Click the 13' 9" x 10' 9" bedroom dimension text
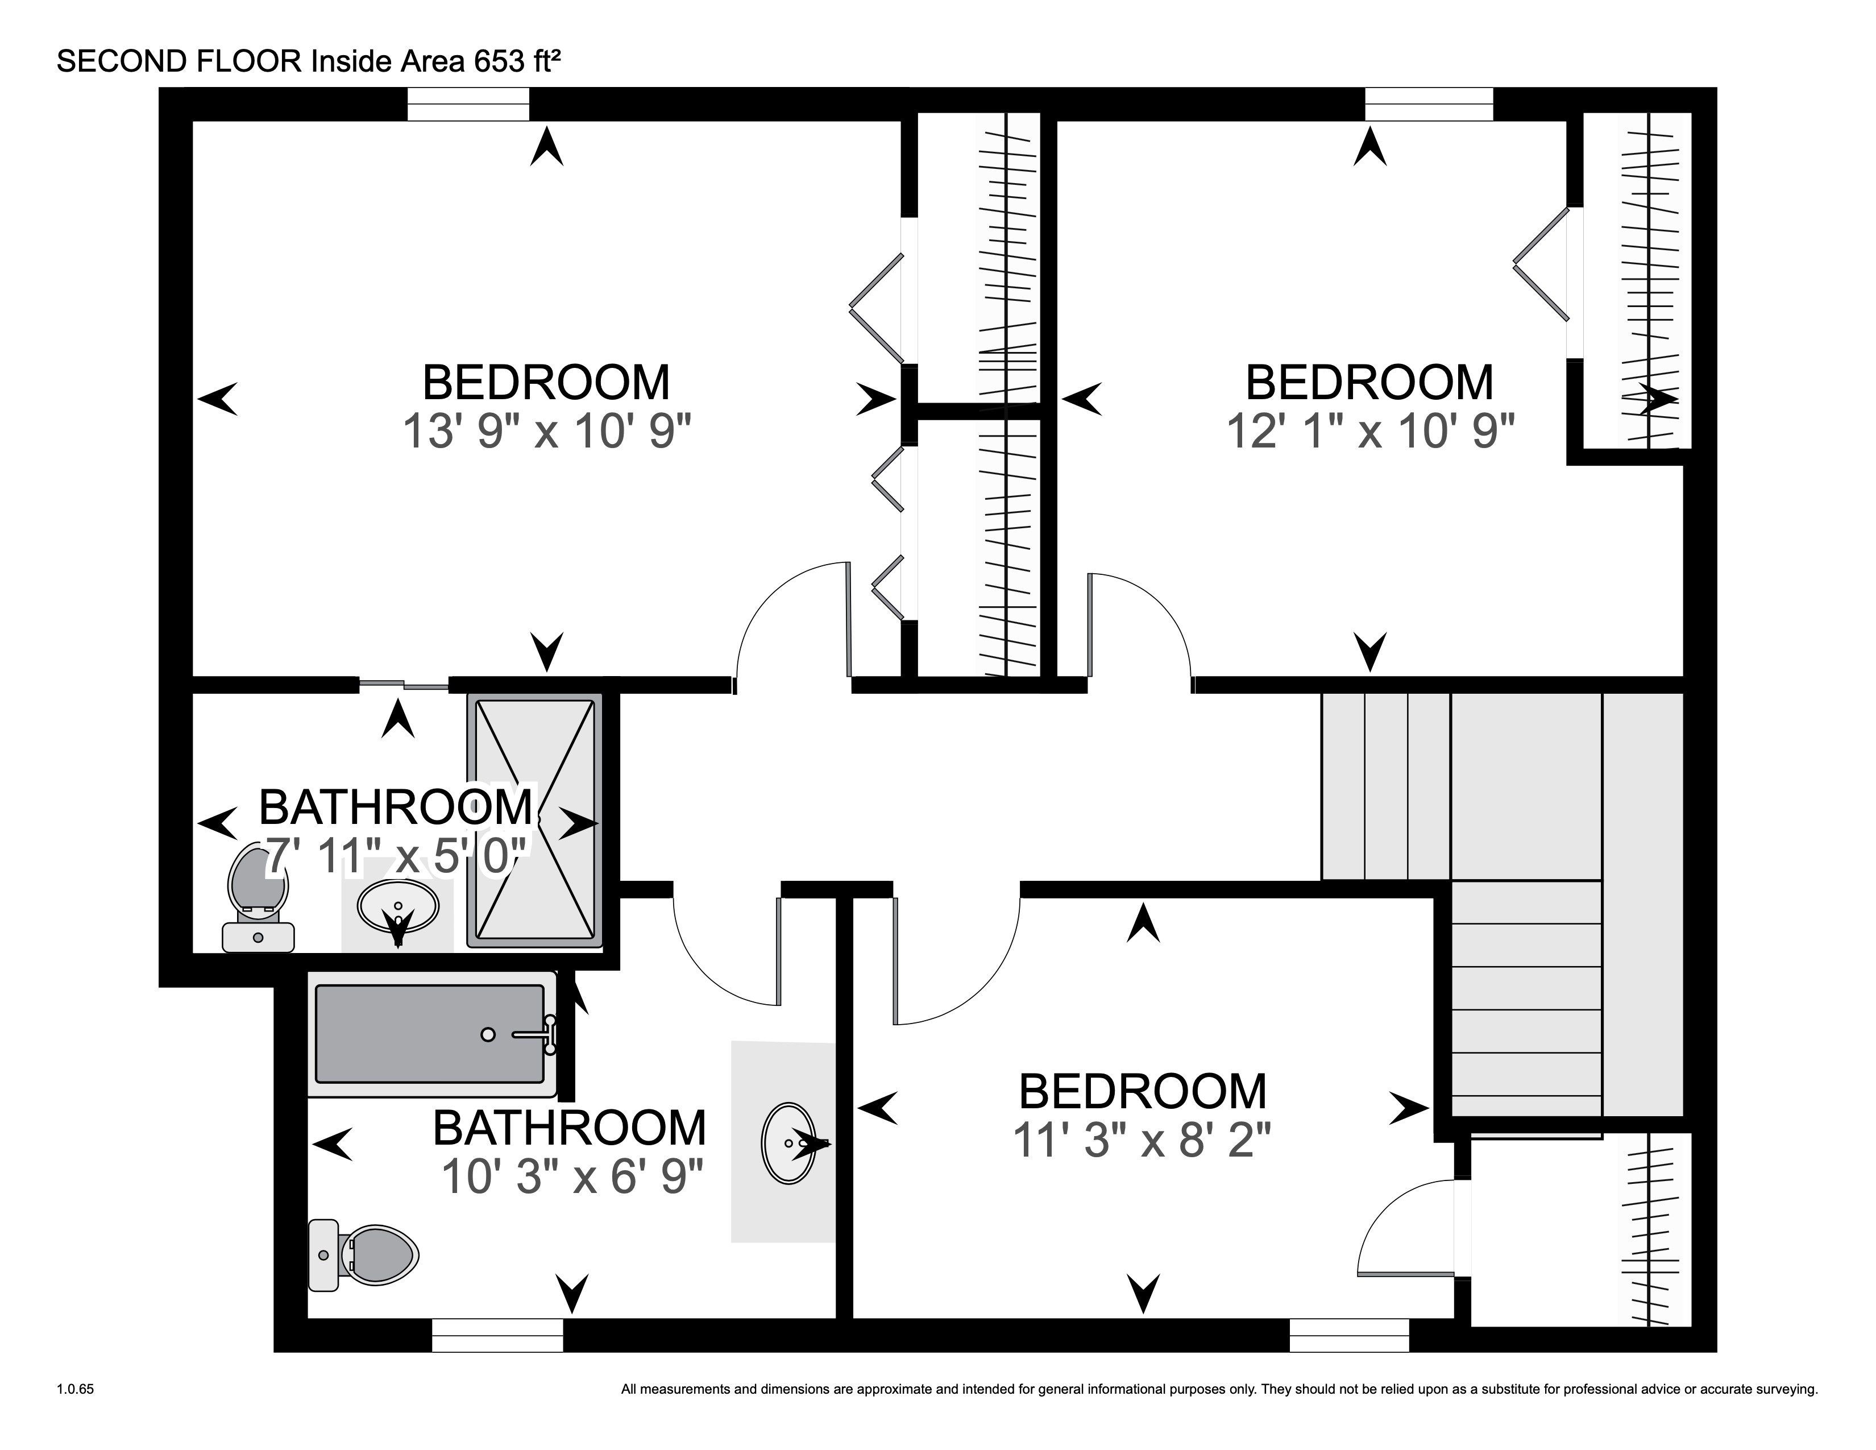coord(547,430)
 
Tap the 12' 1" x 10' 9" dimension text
coord(1370,430)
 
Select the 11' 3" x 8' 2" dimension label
coord(1143,1141)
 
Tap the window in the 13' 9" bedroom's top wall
coord(468,105)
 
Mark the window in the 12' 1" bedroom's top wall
coord(1429,105)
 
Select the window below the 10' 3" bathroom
coord(497,1335)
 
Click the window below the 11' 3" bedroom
coord(1350,1335)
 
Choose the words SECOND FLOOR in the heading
coord(180,62)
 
